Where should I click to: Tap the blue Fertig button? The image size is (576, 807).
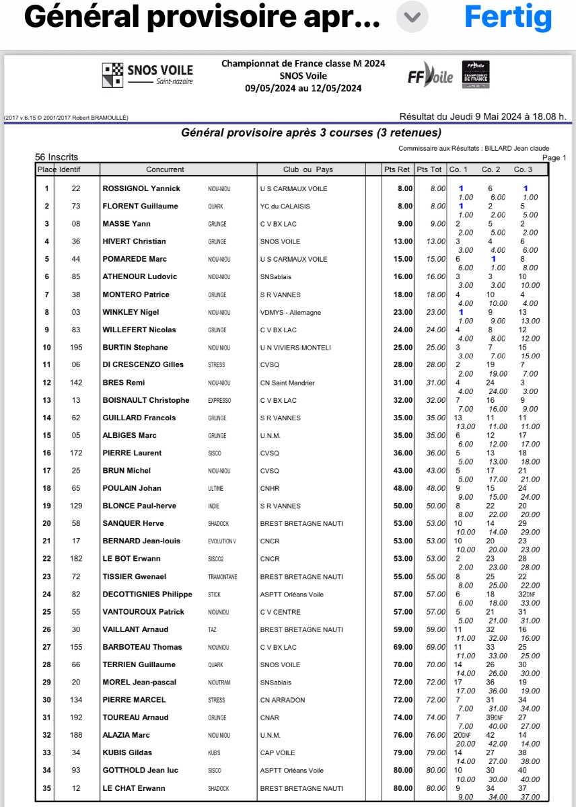point(508,17)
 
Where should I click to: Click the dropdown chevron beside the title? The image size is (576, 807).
point(412,17)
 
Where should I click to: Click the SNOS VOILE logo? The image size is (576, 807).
point(147,75)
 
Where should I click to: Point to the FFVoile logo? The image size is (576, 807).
point(430,77)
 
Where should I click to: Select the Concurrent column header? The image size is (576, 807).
point(165,169)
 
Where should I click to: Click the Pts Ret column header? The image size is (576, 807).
point(396,169)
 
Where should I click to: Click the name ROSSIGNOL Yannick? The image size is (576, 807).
point(141,189)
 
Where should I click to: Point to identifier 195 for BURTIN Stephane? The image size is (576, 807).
point(76,348)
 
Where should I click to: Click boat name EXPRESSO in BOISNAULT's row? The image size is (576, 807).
point(219,401)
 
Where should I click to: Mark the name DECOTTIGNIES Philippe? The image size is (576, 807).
point(147,594)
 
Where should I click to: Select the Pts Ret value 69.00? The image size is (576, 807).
point(401,647)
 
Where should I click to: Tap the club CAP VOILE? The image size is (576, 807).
point(277,753)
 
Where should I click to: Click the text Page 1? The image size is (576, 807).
point(554,158)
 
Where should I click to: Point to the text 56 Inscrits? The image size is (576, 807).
point(57,157)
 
